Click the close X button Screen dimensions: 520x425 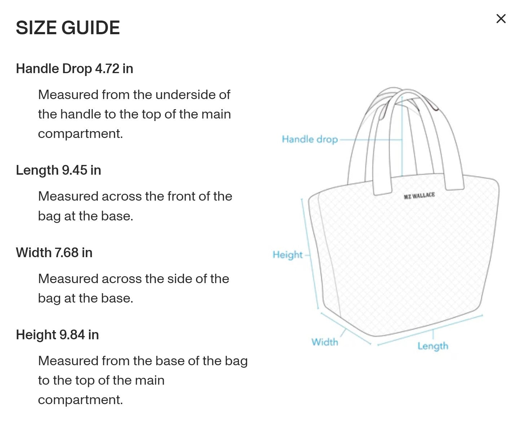click(501, 19)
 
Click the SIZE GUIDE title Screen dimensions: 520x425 click(68, 28)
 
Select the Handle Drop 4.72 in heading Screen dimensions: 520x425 click(74, 69)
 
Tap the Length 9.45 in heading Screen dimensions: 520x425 click(58, 170)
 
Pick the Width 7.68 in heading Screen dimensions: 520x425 click(54, 252)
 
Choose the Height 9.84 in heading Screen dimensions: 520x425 click(57, 335)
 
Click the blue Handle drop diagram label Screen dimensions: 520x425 click(310, 139)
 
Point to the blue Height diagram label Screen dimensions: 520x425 click(287, 255)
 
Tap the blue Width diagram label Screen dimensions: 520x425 click(325, 342)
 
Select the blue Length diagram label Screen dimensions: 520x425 click(433, 346)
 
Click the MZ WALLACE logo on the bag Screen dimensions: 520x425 click(419, 196)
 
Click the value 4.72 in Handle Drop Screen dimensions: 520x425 click(107, 69)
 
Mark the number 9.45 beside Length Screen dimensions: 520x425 click(74, 170)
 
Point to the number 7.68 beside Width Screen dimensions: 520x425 click(66, 252)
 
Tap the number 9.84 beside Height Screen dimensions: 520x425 click(72, 335)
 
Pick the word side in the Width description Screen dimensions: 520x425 click(180, 279)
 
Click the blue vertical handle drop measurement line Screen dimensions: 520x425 click(402, 136)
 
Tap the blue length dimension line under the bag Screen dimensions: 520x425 click(430, 330)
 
